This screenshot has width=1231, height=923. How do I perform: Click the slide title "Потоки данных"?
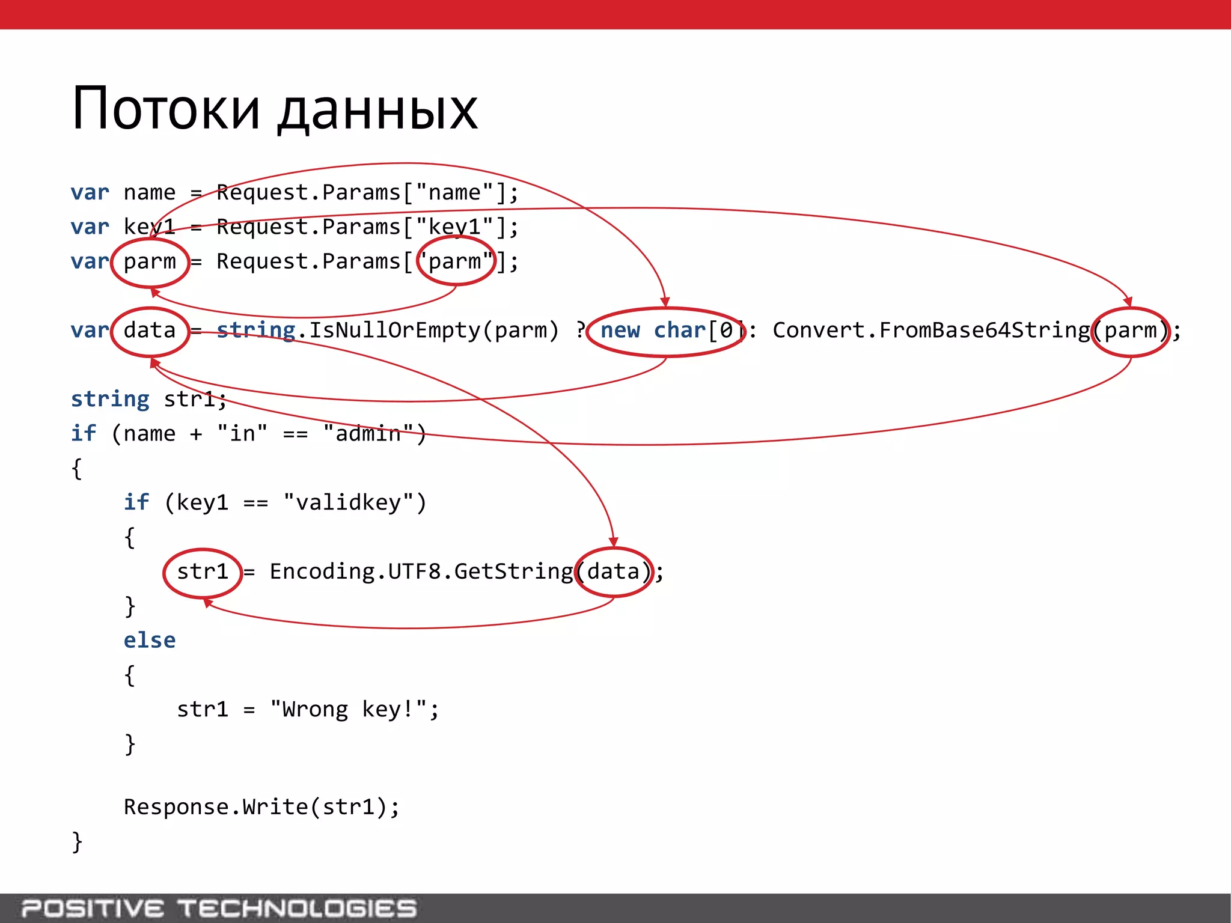click(275, 109)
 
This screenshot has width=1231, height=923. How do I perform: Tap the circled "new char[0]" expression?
click(666, 331)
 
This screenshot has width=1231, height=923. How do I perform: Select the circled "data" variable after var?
click(150, 331)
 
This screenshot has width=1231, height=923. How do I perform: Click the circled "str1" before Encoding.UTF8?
click(203, 571)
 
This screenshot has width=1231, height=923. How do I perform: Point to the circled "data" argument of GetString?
click(614, 571)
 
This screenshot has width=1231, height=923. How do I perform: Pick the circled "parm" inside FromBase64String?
click(1130, 331)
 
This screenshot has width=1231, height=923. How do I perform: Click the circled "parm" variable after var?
click(150, 262)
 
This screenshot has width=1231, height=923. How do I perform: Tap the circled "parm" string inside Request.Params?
click(456, 262)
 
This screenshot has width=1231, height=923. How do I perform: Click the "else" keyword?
click(150, 641)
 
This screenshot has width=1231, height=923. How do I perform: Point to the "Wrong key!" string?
click(348, 710)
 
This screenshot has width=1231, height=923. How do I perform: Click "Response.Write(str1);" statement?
click(261, 807)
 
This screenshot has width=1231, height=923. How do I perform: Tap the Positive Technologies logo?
click(219, 909)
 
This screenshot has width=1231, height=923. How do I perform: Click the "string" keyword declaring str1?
click(110, 400)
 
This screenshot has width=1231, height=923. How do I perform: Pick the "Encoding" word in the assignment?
click(322, 571)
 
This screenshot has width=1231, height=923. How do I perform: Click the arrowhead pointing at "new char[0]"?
click(665, 302)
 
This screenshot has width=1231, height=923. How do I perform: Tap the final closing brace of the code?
click(77, 842)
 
